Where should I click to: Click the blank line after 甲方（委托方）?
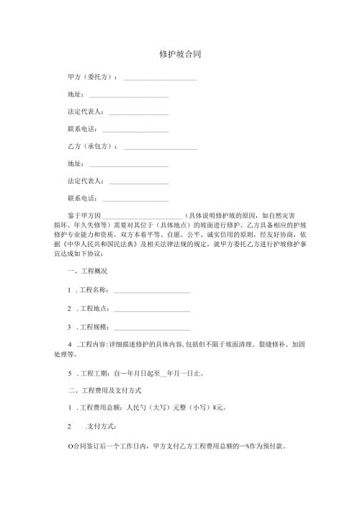click(161, 78)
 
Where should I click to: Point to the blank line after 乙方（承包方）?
click(161, 147)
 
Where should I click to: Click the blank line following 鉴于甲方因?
click(142, 215)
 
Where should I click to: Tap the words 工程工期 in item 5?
click(94, 374)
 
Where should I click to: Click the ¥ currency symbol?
click(215, 408)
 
